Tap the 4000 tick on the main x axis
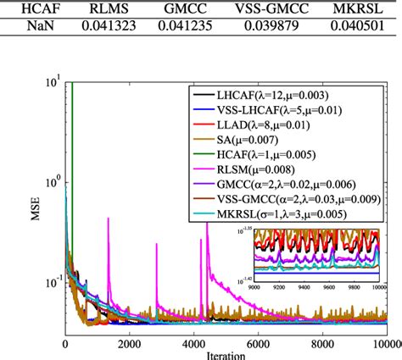click(194, 344)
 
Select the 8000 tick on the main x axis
click(321, 344)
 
